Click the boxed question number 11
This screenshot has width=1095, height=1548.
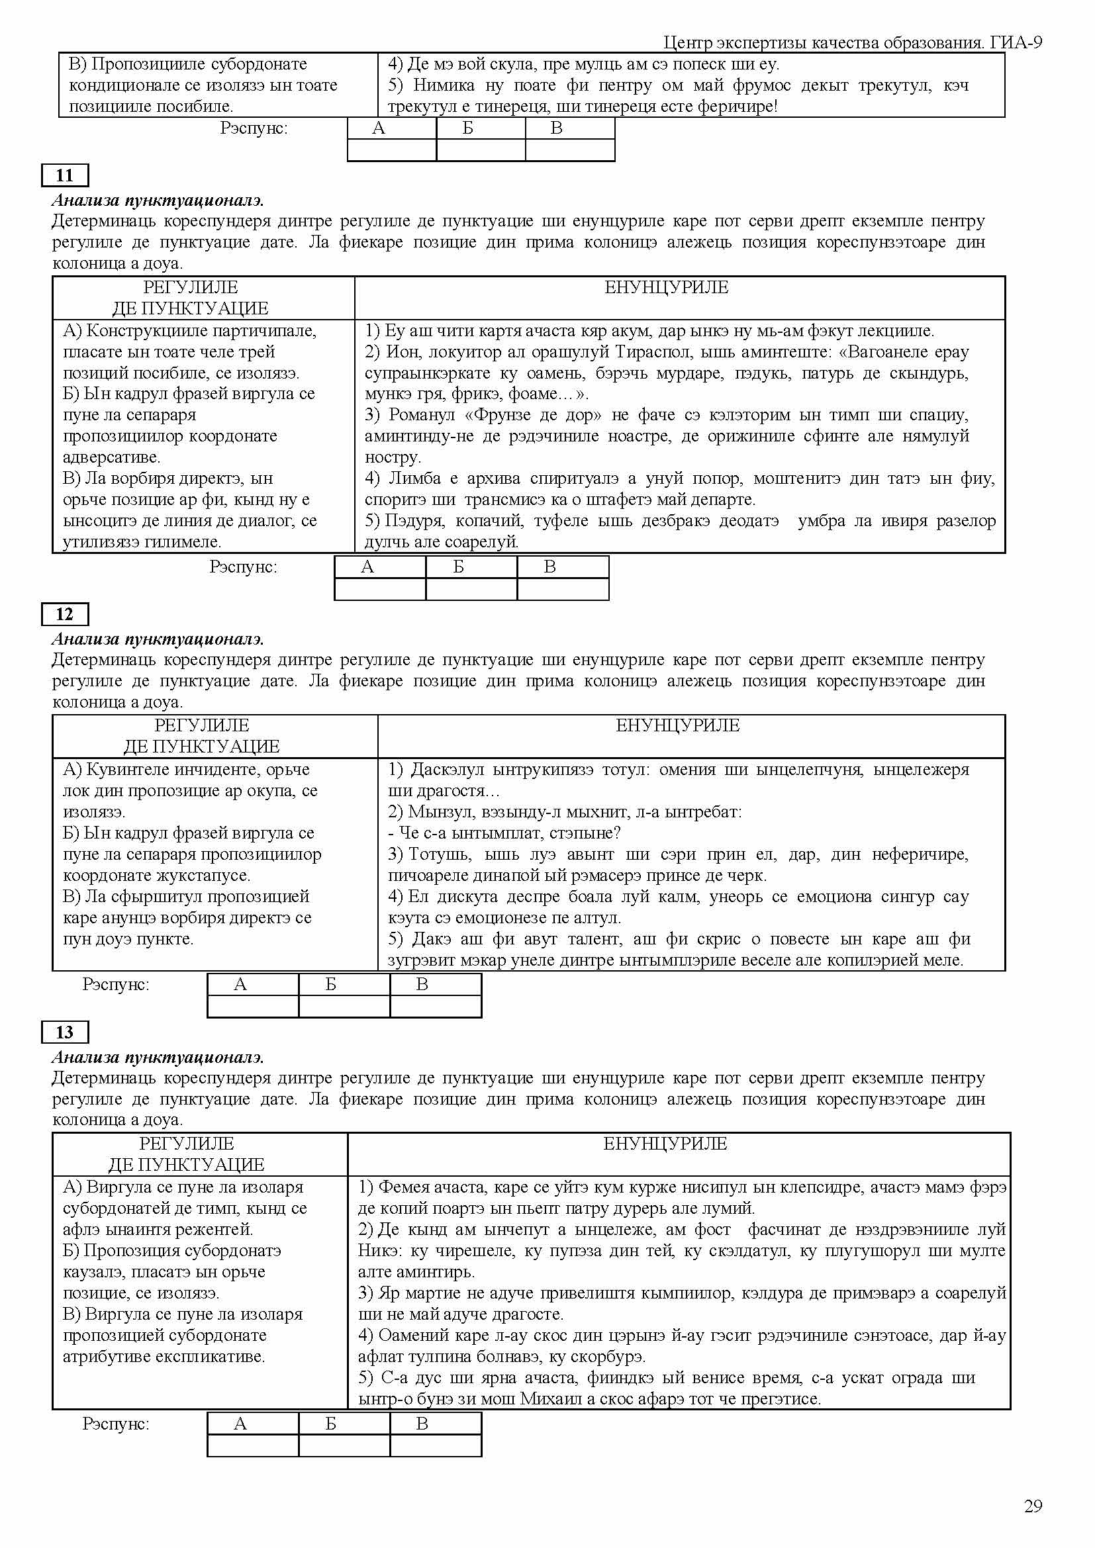coord(65,175)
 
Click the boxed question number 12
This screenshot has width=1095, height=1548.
coord(65,614)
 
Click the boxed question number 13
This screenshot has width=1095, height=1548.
coord(65,1032)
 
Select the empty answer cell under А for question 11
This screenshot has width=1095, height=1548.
coord(380,588)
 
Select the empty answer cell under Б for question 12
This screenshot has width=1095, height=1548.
coord(344,1006)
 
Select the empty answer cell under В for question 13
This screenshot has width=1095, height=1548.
coord(436,1445)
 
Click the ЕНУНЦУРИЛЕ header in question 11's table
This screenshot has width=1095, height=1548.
coord(666,287)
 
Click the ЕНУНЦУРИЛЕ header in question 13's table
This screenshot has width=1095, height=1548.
coord(665,1144)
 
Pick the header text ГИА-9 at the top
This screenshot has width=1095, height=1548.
coord(1016,43)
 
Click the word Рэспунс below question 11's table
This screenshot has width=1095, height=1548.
coord(243,567)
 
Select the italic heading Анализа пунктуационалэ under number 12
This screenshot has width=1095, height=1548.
coord(158,639)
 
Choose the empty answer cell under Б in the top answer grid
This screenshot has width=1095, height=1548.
coord(480,150)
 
